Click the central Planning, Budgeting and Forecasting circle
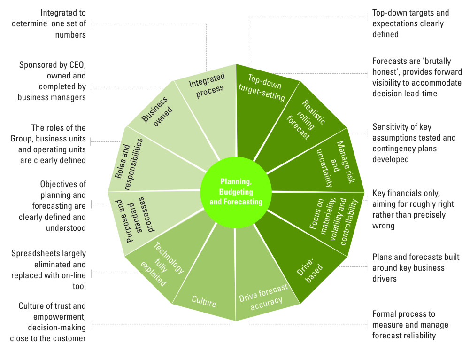tap(236, 192)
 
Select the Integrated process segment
tap(207, 85)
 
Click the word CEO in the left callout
tap(77, 64)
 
